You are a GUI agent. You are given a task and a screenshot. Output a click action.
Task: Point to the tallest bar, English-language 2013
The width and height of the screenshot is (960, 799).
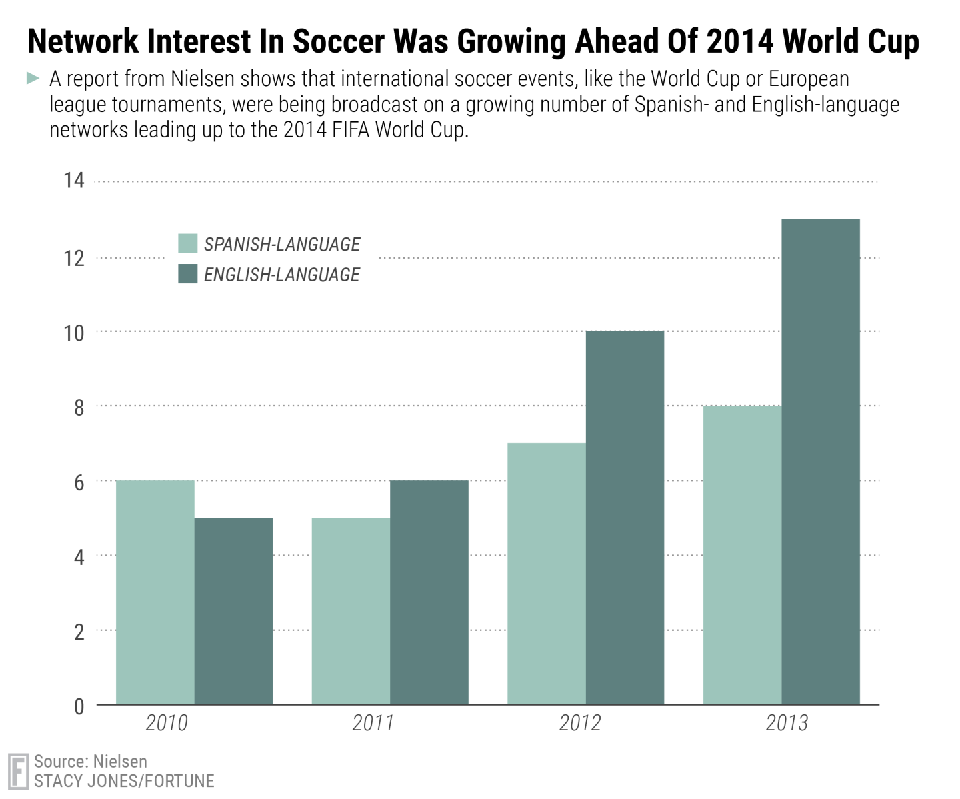(x=821, y=461)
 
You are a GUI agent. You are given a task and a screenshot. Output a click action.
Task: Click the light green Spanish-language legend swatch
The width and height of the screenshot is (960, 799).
(x=188, y=244)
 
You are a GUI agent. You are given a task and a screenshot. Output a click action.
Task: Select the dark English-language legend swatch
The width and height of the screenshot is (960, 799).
(x=188, y=274)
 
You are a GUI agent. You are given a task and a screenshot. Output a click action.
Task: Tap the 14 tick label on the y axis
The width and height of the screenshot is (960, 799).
(x=74, y=181)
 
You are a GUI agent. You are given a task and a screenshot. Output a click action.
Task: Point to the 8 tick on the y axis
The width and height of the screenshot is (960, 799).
(x=79, y=407)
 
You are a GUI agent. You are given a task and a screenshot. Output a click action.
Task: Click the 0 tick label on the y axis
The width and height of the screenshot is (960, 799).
(x=79, y=706)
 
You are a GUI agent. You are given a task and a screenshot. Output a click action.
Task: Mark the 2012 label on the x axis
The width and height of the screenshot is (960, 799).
(x=580, y=723)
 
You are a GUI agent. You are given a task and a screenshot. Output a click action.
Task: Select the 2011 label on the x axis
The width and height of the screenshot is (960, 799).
(x=373, y=723)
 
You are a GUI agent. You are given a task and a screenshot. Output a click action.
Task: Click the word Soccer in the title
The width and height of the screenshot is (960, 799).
(x=338, y=41)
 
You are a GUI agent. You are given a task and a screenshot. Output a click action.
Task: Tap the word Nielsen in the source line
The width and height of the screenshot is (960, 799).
(x=120, y=762)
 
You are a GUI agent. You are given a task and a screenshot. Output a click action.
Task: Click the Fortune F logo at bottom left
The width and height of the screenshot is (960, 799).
(x=18, y=772)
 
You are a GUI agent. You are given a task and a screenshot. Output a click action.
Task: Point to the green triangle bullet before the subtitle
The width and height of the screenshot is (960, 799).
(x=33, y=79)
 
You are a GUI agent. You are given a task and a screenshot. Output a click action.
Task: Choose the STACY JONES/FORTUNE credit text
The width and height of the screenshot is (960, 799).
(x=124, y=781)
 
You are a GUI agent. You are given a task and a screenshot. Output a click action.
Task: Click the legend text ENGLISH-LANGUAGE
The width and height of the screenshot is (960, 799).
(x=281, y=275)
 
